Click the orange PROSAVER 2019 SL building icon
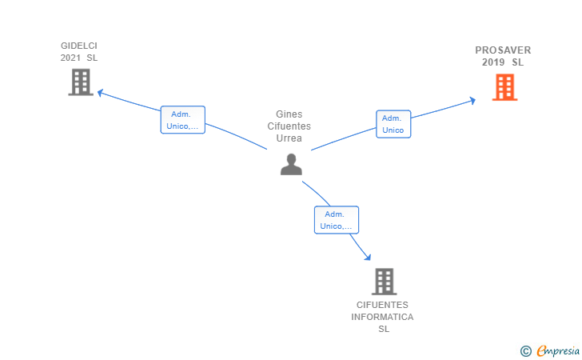504,86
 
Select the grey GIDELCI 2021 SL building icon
81,82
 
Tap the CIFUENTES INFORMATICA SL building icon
384,282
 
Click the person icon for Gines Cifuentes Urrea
291,164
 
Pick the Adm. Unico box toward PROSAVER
393,123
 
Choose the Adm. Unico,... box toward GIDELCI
182,120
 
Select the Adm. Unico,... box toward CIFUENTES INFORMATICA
336,220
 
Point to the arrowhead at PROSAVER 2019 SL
472,99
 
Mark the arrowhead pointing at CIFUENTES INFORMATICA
368,257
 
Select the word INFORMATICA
382,318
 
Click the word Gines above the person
289,114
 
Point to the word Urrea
289,138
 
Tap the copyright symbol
525,350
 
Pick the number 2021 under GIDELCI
70,58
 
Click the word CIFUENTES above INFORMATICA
382,306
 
